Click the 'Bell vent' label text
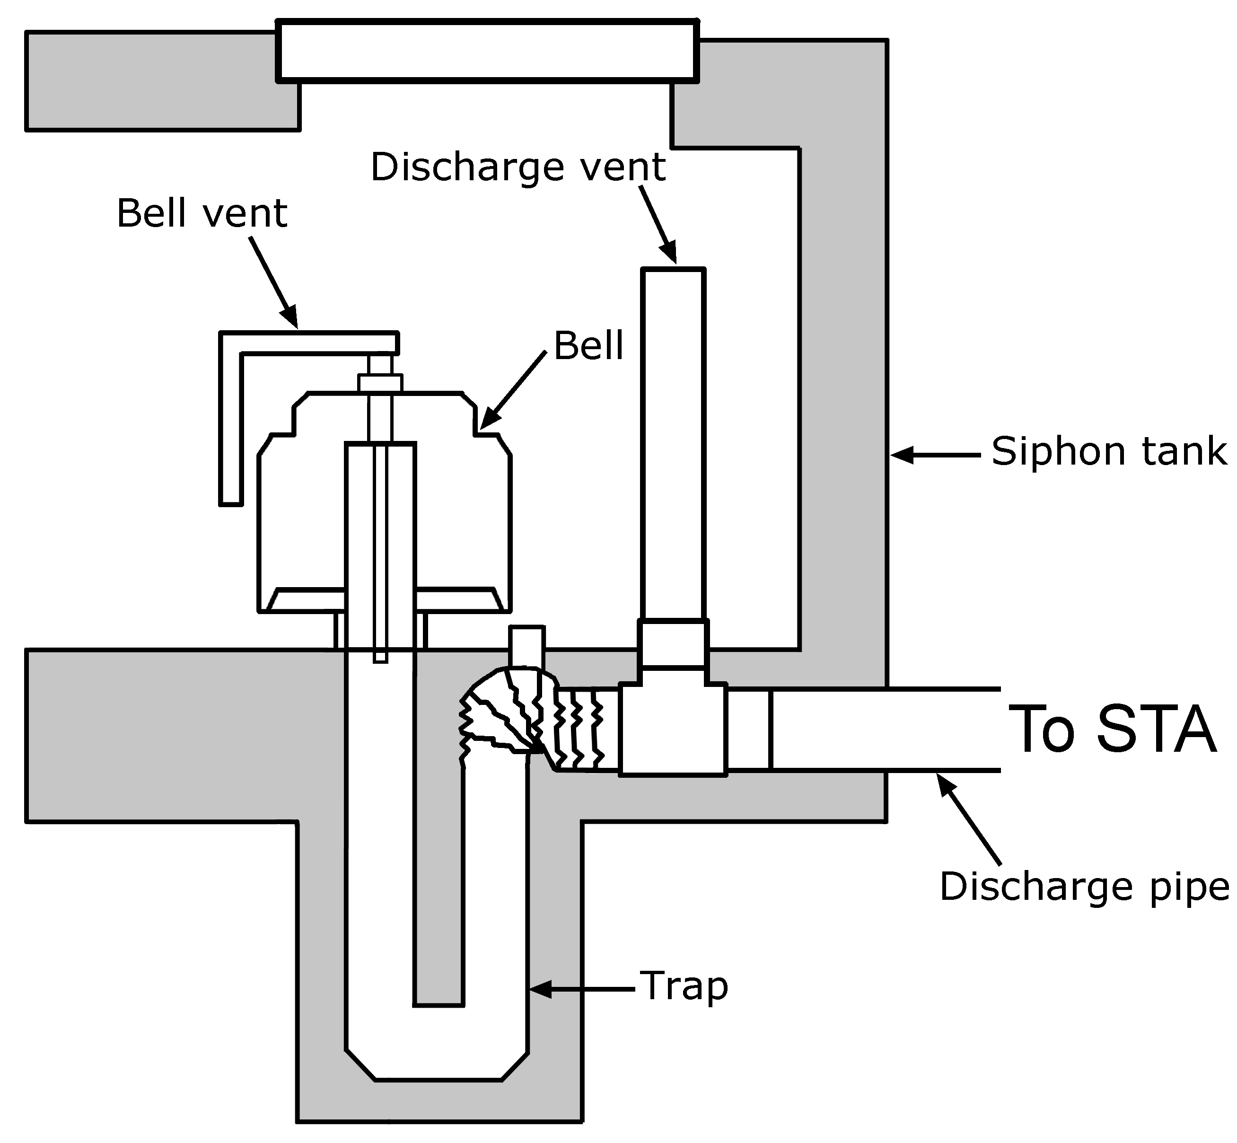click(x=202, y=214)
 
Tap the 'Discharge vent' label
click(x=518, y=167)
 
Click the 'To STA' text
click(x=1112, y=730)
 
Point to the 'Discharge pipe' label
click(x=1084, y=887)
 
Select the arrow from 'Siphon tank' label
click(x=935, y=455)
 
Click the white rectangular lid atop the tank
click(x=487, y=51)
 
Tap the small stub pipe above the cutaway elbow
click(x=526, y=646)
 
